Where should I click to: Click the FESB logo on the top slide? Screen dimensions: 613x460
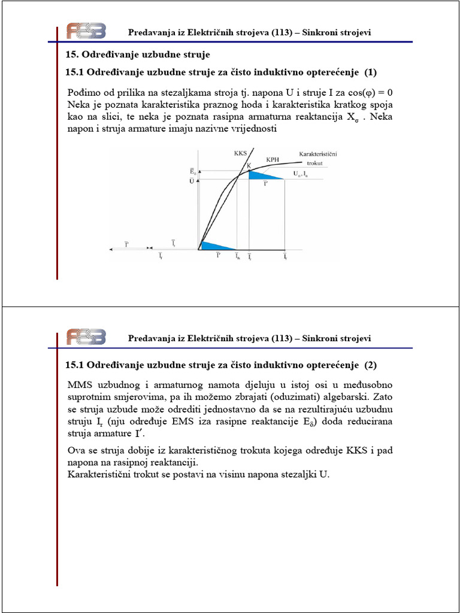[86, 31]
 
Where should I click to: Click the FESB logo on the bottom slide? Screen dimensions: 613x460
[86, 337]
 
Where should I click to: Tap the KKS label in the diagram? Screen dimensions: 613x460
[240, 153]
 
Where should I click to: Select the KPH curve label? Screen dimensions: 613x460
[273, 161]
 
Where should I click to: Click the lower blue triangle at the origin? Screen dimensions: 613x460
[213, 245]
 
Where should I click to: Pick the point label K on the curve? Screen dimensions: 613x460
[249, 165]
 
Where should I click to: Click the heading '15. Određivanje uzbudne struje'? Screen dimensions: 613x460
[137, 55]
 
